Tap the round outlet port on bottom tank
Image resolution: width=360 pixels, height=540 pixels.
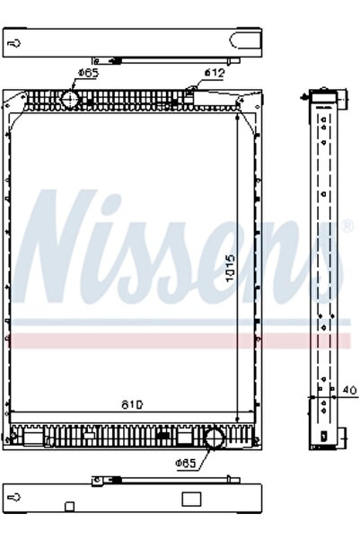[x=215, y=439]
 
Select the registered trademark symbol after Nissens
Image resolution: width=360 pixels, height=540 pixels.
[x=347, y=225]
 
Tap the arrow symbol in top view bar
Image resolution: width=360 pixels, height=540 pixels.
[x=15, y=42]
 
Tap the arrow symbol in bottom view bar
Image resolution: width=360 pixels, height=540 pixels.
[x=15, y=495]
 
